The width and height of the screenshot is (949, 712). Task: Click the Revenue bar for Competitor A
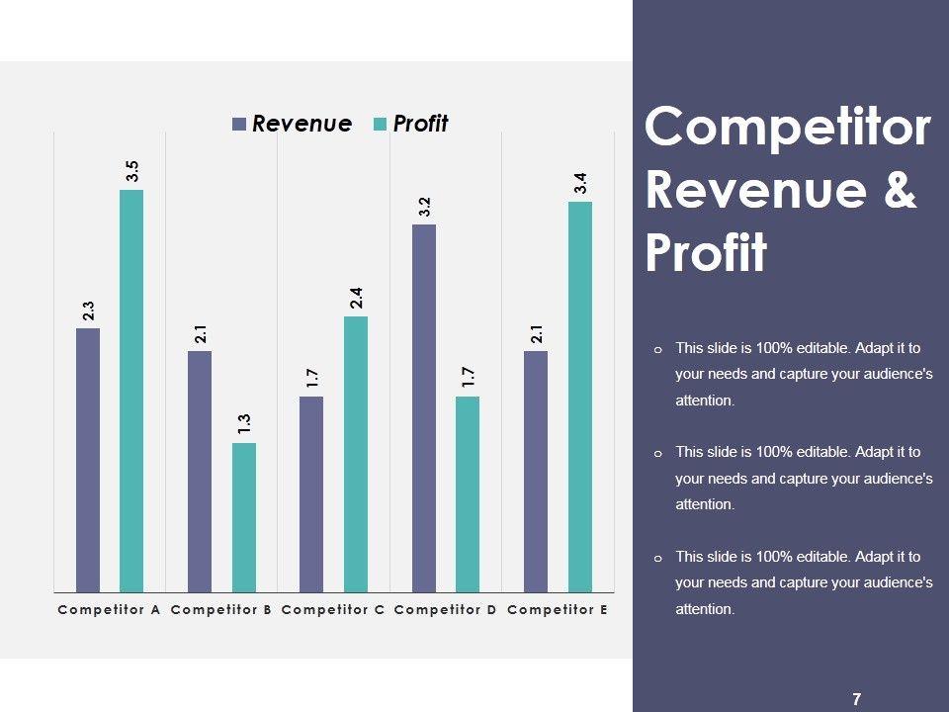88,460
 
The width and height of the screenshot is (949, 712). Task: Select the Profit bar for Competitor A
131,391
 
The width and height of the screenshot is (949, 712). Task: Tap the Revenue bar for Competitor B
200,472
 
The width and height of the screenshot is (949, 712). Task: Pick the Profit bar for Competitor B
244,517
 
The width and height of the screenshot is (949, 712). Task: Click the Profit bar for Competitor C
356,454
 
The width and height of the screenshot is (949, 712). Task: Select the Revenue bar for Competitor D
424,407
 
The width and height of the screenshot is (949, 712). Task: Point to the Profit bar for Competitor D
468,494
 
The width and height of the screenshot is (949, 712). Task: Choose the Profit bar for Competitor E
580,397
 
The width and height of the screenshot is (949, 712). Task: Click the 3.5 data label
132,171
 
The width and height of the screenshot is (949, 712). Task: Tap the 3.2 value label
424,207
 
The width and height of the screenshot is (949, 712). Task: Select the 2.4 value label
357,298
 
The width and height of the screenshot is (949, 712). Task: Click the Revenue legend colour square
239,125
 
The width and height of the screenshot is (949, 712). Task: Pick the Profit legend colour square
381,125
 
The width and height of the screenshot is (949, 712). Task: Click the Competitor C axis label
333,610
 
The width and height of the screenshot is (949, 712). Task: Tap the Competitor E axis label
558,610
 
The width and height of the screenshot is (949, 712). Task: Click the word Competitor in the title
788,129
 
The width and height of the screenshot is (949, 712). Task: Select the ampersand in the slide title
900,191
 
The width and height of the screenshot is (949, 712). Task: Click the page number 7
856,699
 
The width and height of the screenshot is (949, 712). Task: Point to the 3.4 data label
581,183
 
